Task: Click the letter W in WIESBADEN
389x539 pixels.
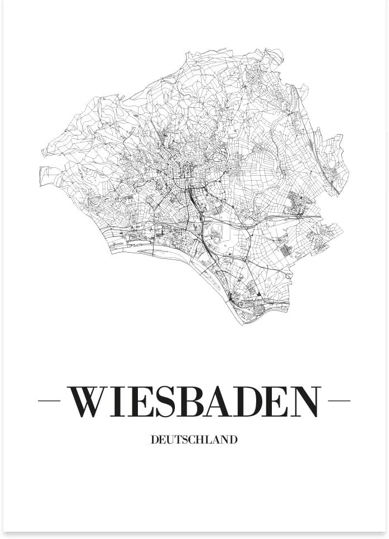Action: [x=90, y=401]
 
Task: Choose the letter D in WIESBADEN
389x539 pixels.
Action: [x=251, y=401]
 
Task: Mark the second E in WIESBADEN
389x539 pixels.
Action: [x=279, y=401]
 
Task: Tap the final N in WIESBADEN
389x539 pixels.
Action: [x=305, y=401]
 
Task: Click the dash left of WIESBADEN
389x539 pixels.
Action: [x=49, y=401]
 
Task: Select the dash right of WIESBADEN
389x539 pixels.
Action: [x=339, y=401]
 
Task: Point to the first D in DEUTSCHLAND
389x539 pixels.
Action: [x=155, y=440]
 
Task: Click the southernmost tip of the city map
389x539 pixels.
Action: [x=242, y=325]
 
